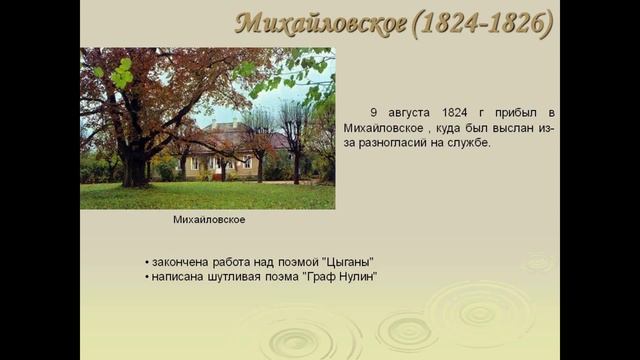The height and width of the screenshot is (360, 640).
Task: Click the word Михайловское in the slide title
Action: [x=319, y=22]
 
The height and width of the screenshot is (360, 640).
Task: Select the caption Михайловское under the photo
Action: [x=209, y=219]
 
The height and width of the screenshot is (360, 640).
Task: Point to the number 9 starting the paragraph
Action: [x=373, y=112]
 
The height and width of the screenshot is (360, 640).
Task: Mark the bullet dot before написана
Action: [x=146, y=277]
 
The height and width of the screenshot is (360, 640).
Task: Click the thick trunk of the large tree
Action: [x=133, y=162]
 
